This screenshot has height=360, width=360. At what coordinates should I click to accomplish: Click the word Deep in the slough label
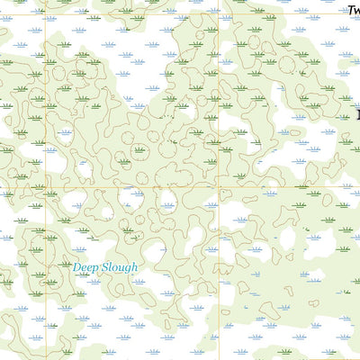[85, 267]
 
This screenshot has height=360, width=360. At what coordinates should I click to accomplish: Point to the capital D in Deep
[76, 266]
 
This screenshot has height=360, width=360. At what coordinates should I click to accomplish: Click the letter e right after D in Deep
[84, 267]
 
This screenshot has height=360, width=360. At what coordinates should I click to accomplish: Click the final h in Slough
[134, 266]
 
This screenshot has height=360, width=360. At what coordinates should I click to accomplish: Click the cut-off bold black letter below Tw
[357, 114]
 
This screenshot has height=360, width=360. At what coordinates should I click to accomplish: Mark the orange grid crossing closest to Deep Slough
[44, 187]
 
